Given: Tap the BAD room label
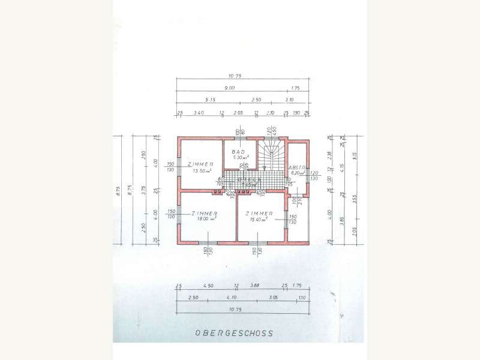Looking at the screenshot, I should point(239,152).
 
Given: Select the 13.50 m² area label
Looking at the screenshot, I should point(202,170).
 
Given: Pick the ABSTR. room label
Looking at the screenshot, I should point(298,167).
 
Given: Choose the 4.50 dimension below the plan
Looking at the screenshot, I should point(208,286).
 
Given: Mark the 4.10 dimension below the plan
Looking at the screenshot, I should point(231,297).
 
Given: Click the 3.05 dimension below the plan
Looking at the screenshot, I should point(273,297).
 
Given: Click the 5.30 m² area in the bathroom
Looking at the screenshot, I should point(241,158).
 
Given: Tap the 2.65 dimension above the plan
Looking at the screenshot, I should point(238,112).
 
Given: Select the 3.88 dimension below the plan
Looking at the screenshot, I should point(254,286).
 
